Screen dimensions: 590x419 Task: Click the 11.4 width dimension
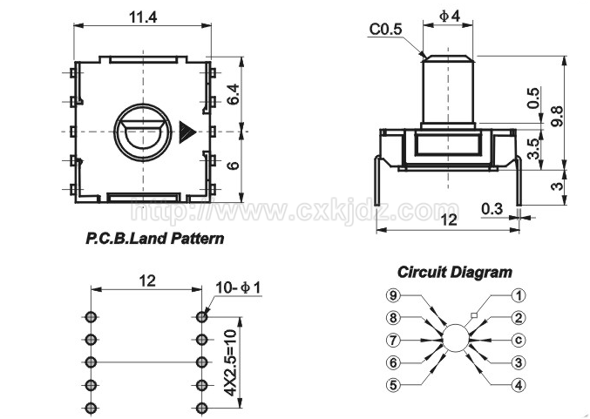(143, 17)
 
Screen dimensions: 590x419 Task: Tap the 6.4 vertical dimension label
(234, 94)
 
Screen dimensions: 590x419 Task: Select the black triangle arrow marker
(187, 132)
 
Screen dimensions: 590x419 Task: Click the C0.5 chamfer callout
(386, 30)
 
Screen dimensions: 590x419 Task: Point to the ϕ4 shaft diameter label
(450, 16)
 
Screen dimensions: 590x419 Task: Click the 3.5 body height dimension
(533, 149)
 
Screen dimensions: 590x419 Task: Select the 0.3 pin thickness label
(492, 209)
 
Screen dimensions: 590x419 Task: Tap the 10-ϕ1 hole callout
(238, 288)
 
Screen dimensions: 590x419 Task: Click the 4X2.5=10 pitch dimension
(230, 362)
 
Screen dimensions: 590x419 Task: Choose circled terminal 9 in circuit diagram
(393, 295)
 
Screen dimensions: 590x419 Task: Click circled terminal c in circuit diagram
(519, 340)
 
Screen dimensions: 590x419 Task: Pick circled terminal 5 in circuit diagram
(393, 385)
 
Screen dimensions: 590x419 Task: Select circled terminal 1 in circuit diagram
(519, 295)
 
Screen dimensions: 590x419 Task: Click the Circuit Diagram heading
(455, 272)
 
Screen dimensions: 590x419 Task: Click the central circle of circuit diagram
(456, 339)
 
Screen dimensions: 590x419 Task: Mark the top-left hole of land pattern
(90, 317)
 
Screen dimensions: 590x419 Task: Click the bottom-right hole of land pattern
(202, 408)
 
